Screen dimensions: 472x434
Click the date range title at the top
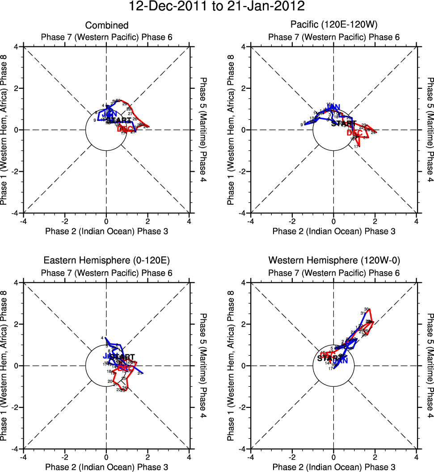tap(217, 7)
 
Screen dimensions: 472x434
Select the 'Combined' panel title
tap(107, 25)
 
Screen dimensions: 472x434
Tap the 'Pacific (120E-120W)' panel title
tap(333, 25)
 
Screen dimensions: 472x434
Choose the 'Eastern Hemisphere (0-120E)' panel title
tap(107, 261)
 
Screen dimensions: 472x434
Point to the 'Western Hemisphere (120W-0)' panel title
tap(333, 261)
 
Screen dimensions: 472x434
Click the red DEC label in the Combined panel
tap(125, 129)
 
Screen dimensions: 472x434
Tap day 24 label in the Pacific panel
tap(374, 132)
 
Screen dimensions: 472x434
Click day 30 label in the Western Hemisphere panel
tap(367, 309)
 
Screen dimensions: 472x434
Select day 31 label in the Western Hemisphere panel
tap(362, 313)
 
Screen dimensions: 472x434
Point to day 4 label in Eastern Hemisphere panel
tap(102, 338)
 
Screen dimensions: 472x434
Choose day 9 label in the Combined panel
tap(95, 120)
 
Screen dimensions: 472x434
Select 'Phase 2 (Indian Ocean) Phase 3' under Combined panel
tap(107, 231)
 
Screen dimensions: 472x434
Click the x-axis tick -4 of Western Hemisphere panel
tap(250, 457)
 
